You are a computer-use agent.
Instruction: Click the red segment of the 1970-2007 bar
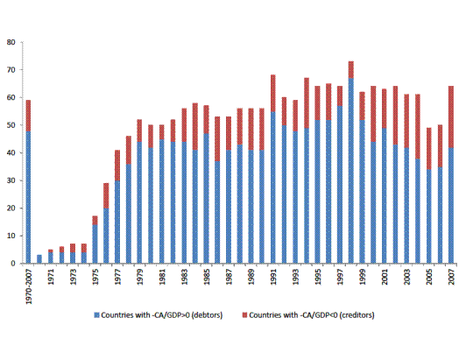click(28, 116)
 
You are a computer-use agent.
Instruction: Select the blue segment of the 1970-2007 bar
click(28, 197)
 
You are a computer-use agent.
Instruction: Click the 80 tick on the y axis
click(11, 42)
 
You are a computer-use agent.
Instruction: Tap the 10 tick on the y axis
click(11, 236)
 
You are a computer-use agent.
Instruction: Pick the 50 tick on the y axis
click(11, 125)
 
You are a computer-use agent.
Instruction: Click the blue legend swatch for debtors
click(96, 315)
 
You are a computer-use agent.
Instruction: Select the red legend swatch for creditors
click(244, 315)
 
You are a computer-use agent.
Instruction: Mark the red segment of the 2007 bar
click(451, 116)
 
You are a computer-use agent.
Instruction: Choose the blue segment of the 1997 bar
click(340, 185)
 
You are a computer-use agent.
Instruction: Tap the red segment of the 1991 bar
click(273, 94)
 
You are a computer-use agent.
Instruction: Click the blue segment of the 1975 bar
click(95, 244)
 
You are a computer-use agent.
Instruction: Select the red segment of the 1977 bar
click(117, 166)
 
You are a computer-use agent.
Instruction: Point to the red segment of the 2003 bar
click(406, 121)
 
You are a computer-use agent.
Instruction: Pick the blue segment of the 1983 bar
click(184, 202)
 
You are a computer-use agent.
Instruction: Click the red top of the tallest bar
click(351, 70)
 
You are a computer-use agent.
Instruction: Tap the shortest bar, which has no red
click(39, 259)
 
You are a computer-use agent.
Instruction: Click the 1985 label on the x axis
click(207, 277)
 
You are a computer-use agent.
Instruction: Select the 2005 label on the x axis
click(429, 277)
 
